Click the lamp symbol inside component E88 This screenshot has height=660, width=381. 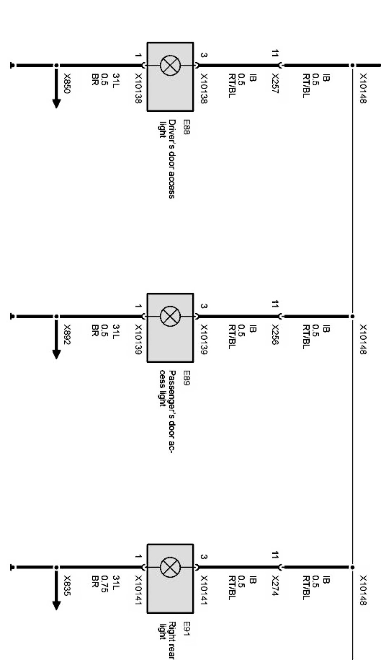pyautogui.click(x=170, y=65)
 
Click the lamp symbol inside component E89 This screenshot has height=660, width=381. pyautogui.click(x=170, y=316)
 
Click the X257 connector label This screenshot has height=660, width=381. pyautogui.click(x=275, y=84)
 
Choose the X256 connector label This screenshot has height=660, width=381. pyautogui.click(x=275, y=335)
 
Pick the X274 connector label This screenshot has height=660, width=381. pyautogui.click(x=275, y=585)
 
